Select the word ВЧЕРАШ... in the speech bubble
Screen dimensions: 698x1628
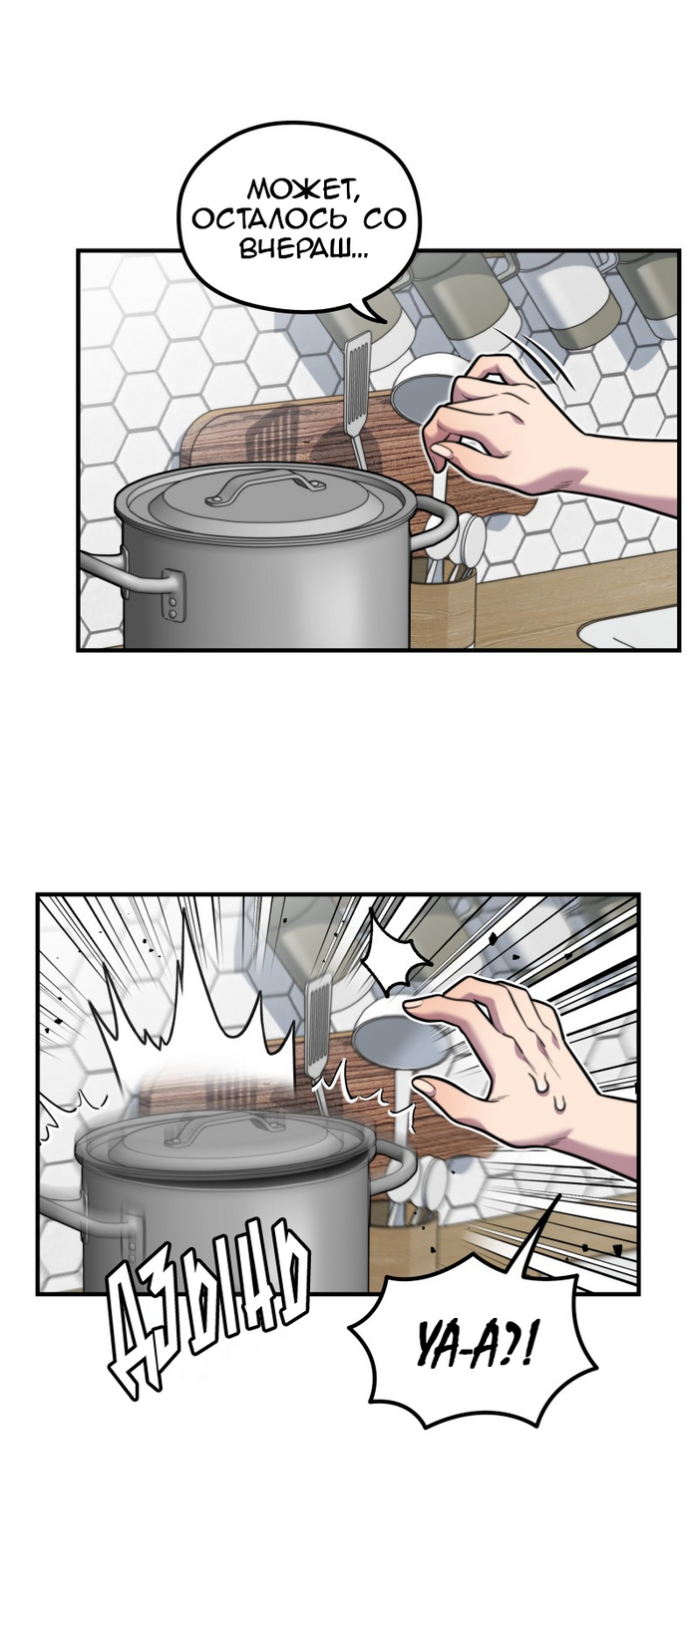pyautogui.click(x=303, y=251)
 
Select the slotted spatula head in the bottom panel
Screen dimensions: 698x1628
pyautogui.click(x=319, y=1025)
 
